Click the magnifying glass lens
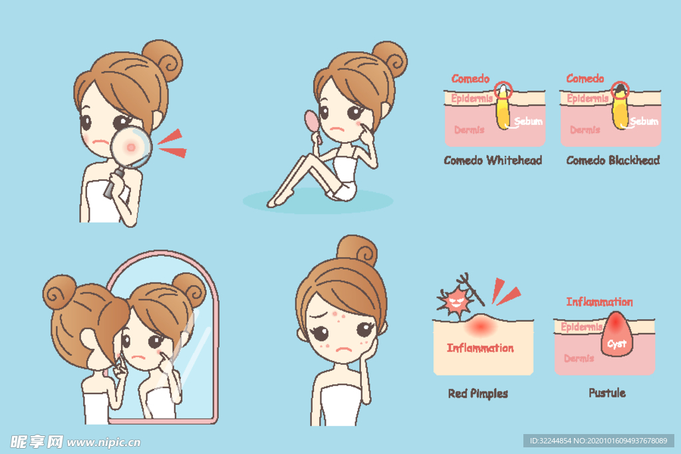pyautogui.click(x=131, y=147)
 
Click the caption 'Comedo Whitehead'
pyautogui.click(x=493, y=160)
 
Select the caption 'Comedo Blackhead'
pyautogui.click(x=613, y=160)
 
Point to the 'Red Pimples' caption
pyautogui.click(x=477, y=394)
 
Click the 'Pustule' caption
pyautogui.click(x=607, y=393)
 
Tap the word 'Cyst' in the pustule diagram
pyautogui.click(x=616, y=344)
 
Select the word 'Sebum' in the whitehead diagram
pyautogui.click(x=528, y=121)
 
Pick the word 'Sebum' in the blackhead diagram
pyautogui.click(x=644, y=121)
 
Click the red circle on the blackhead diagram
pyautogui.click(x=620, y=90)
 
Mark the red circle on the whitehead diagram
pyautogui.click(x=503, y=90)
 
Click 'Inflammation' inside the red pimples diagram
pyautogui.click(x=480, y=348)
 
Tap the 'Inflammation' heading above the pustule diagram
pyautogui.click(x=599, y=302)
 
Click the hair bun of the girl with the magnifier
pyautogui.click(x=163, y=60)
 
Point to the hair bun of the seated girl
pyautogui.click(x=390, y=60)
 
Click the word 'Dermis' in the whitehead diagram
pyautogui.click(x=469, y=130)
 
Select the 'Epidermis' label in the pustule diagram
pyautogui.click(x=581, y=327)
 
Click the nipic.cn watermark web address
pyautogui.click(x=104, y=442)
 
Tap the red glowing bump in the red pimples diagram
pyautogui.click(x=480, y=325)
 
